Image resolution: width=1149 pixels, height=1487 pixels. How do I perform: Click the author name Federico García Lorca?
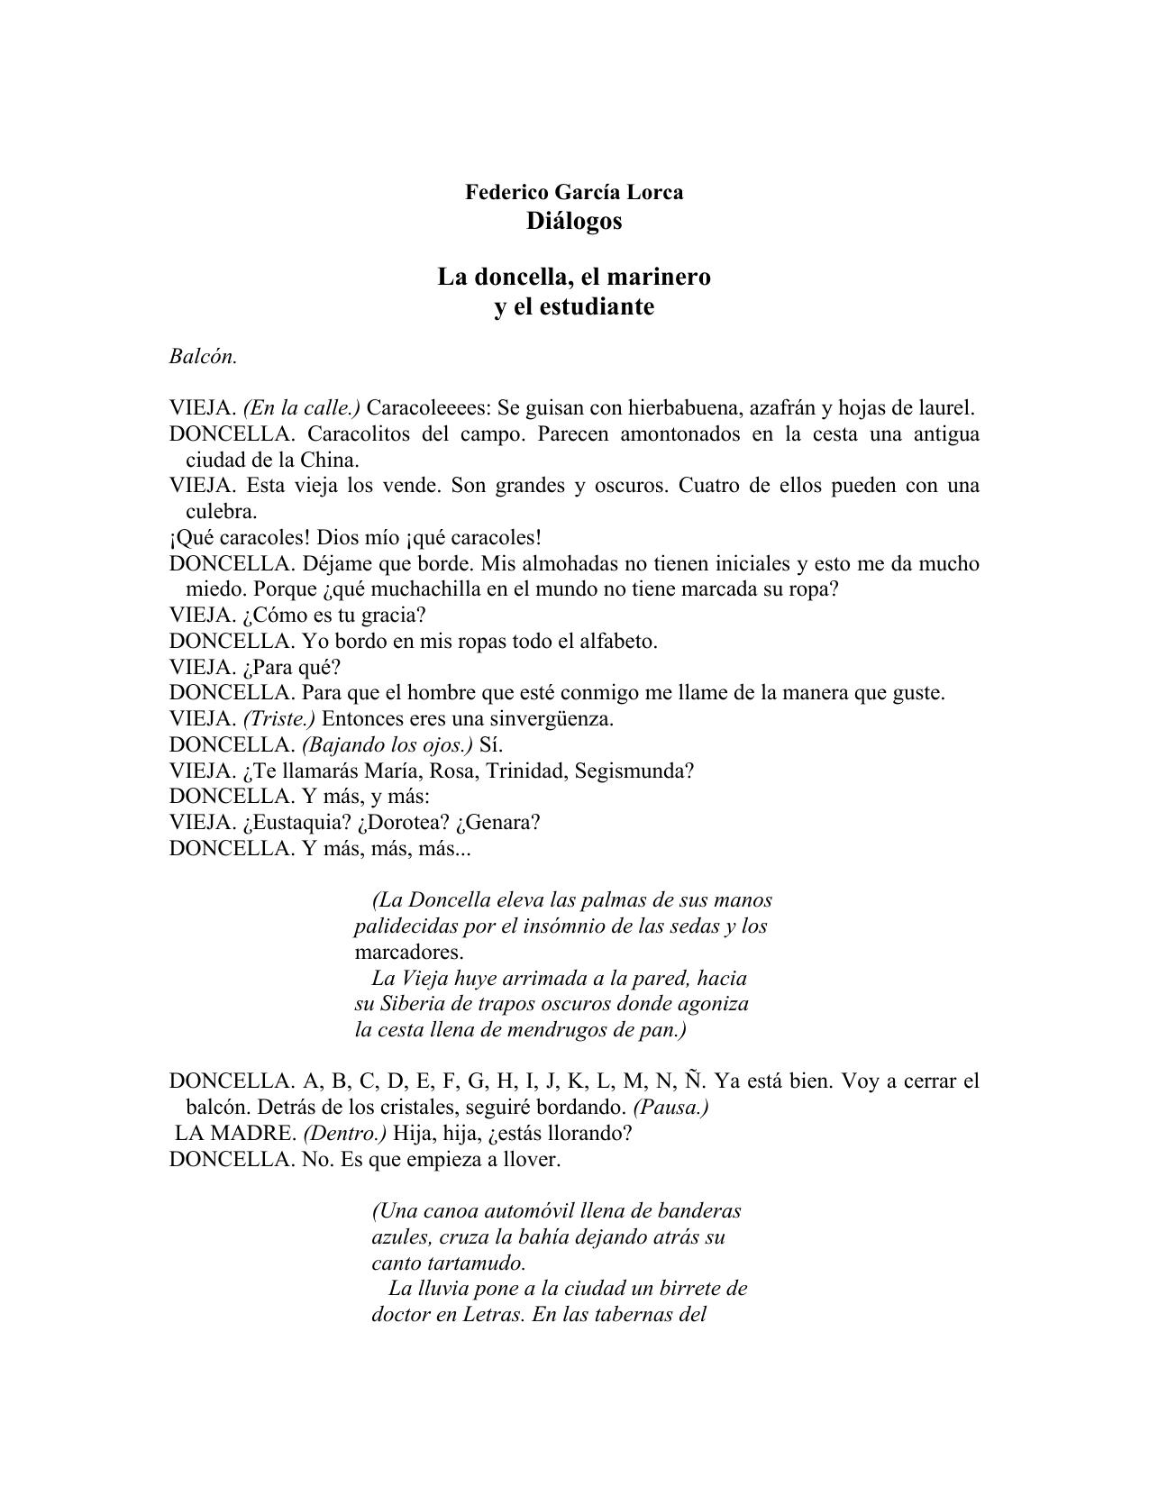tap(574, 192)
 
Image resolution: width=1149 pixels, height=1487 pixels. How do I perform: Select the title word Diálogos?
tap(574, 221)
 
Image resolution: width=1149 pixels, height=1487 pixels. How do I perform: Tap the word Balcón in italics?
tap(202, 357)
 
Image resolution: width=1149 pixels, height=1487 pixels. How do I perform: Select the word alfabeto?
tap(616, 642)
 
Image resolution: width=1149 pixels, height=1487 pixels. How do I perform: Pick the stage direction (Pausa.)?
tap(671, 1108)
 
